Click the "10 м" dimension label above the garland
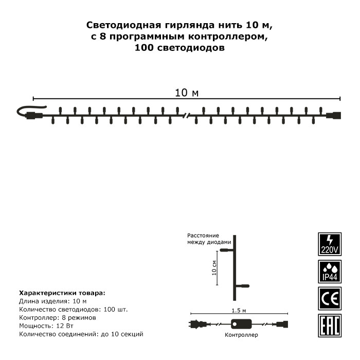coord(187,93)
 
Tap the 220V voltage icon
coord(329,244)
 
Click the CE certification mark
coord(329,298)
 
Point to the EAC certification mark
coord(329,326)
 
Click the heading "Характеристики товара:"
coord(62,292)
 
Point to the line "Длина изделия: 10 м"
coord(52,301)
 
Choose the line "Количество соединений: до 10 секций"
coord(80,334)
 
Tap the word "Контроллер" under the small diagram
coord(241,334)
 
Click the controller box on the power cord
coord(241,325)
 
